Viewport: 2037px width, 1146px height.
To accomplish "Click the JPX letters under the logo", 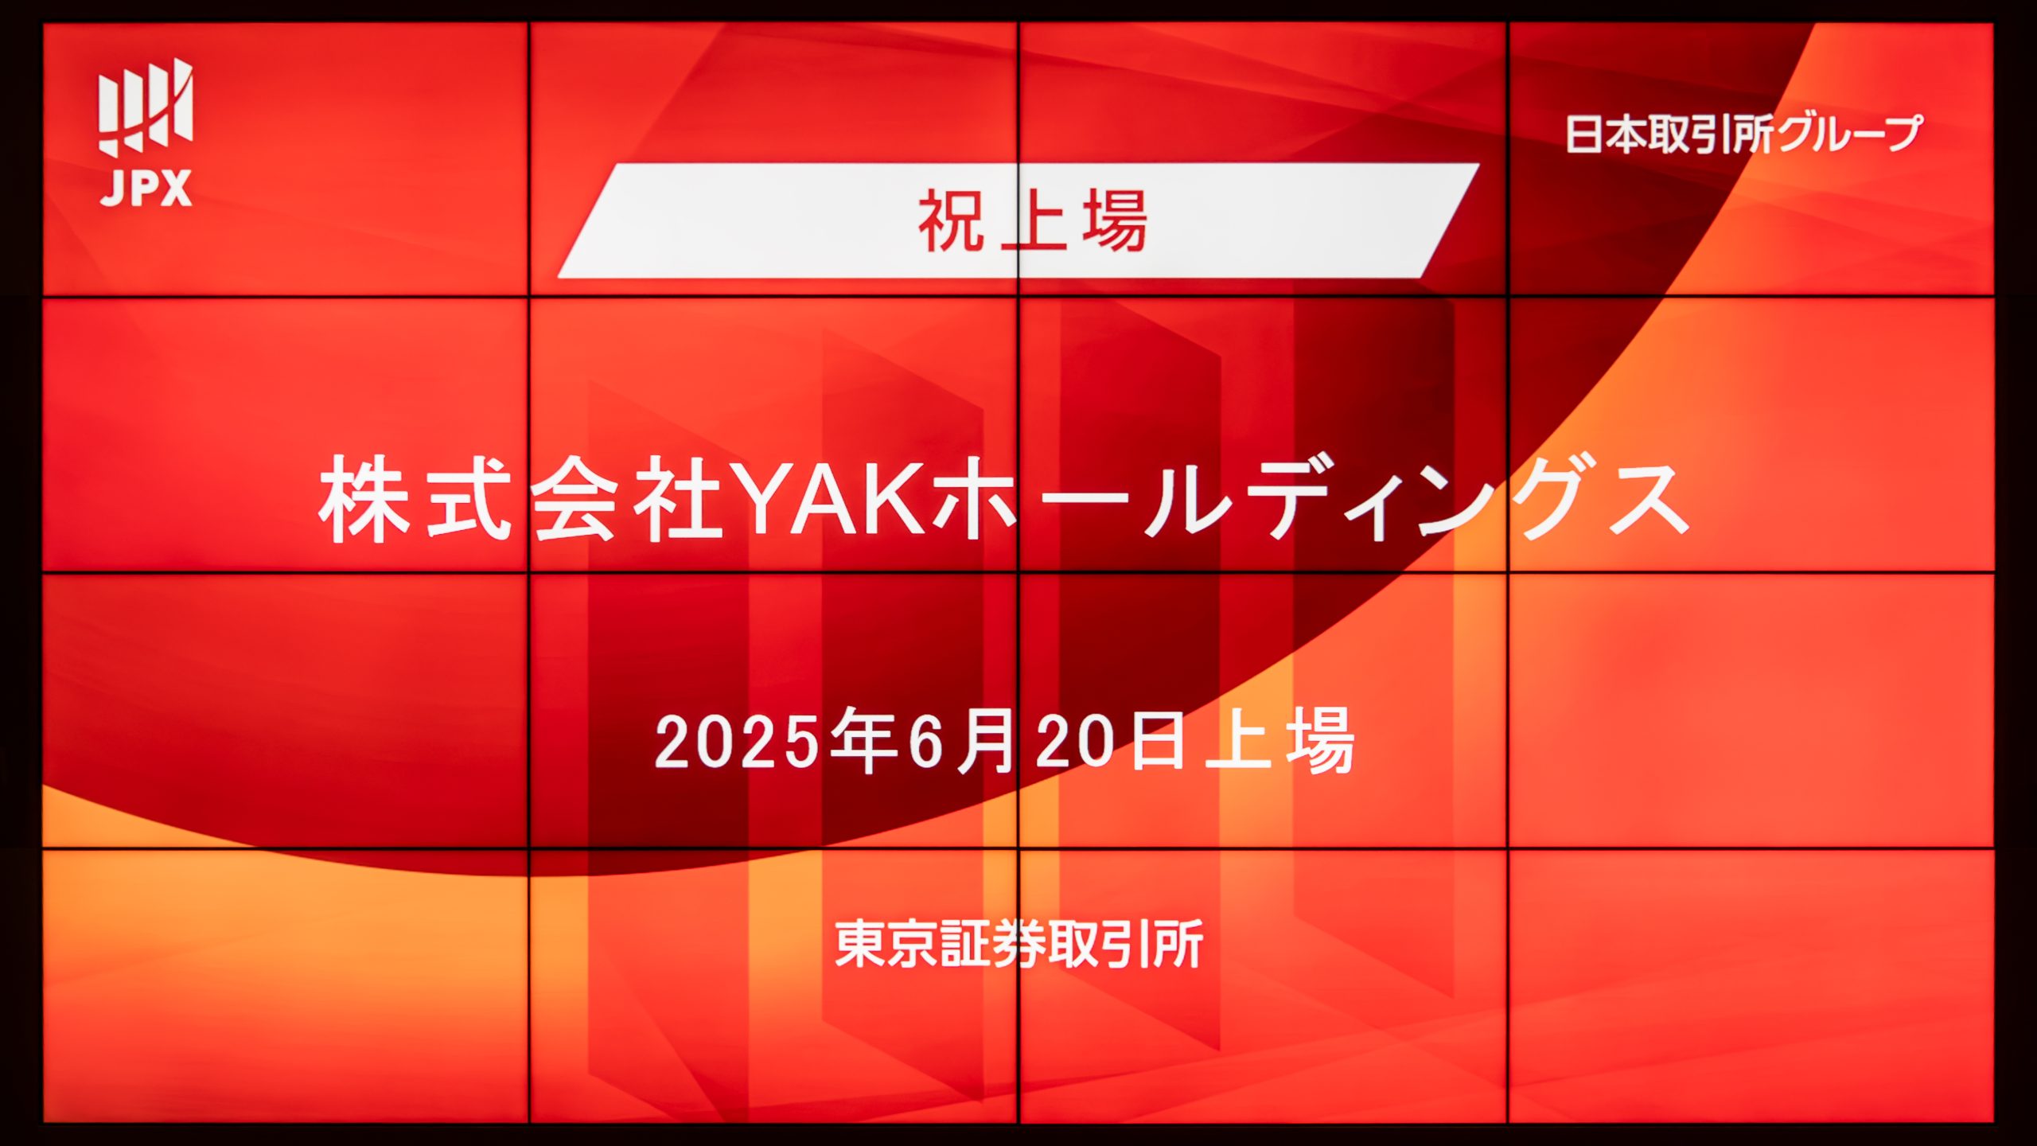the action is [x=146, y=189].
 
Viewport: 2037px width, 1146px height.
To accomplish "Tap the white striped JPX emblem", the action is [x=146, y=107].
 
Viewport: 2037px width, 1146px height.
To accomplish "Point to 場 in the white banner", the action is [x=1115, y=221].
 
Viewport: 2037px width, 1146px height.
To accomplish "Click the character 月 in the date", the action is [x=987, y=741].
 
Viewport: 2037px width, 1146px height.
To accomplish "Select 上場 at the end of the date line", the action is [x=1279, y=741].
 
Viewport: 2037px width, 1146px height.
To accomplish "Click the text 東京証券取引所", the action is [x=1019, y=945].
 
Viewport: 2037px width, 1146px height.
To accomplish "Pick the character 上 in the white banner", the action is [x=1033, y=221].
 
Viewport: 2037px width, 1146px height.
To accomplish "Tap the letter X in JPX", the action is [x=176, y=189].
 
